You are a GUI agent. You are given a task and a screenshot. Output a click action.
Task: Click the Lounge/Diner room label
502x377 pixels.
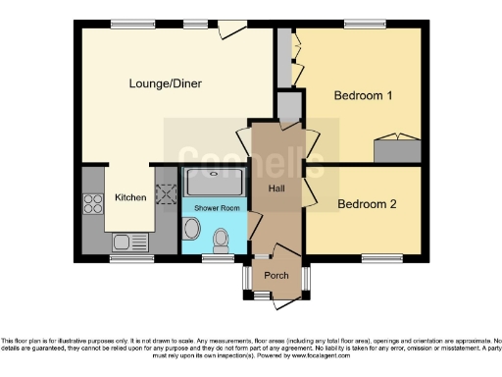(165, 84)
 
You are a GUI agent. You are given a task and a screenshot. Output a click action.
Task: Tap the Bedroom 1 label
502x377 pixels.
(363, 95)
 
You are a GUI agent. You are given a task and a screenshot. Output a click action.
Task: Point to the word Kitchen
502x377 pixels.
(130, 197)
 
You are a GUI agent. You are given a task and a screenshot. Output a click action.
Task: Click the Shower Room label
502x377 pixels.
(216, 209)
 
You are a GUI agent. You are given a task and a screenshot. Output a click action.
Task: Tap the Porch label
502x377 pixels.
(276, 275)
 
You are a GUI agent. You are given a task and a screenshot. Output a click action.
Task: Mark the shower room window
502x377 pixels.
(215, 258)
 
